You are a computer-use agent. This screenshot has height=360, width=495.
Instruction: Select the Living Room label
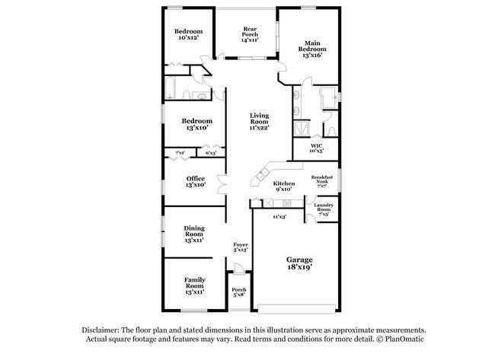coord(260,122)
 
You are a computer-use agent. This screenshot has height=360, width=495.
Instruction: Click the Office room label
coord(196,182)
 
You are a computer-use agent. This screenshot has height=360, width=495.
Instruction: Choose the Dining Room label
coord(194,234)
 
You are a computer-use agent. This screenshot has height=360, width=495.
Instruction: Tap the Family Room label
coord(195,285)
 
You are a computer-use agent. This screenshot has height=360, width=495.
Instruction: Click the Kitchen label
coord(284,186)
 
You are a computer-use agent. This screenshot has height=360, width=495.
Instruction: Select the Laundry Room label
coord(324,209)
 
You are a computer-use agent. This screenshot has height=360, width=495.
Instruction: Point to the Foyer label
coord(240,247)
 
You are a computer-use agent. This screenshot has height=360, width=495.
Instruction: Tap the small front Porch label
coord(239,292)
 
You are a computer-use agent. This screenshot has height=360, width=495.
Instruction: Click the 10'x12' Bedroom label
coord(187,33)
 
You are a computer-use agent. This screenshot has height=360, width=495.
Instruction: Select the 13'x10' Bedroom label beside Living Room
coord(196,125)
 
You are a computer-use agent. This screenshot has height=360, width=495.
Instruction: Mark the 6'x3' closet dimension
coord(210,154)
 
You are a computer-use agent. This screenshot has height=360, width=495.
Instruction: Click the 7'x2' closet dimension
coord(180,154)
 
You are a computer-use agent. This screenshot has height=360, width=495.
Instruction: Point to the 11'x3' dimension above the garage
coord(279,217)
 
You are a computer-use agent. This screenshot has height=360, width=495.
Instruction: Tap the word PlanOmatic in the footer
coord(409,339)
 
